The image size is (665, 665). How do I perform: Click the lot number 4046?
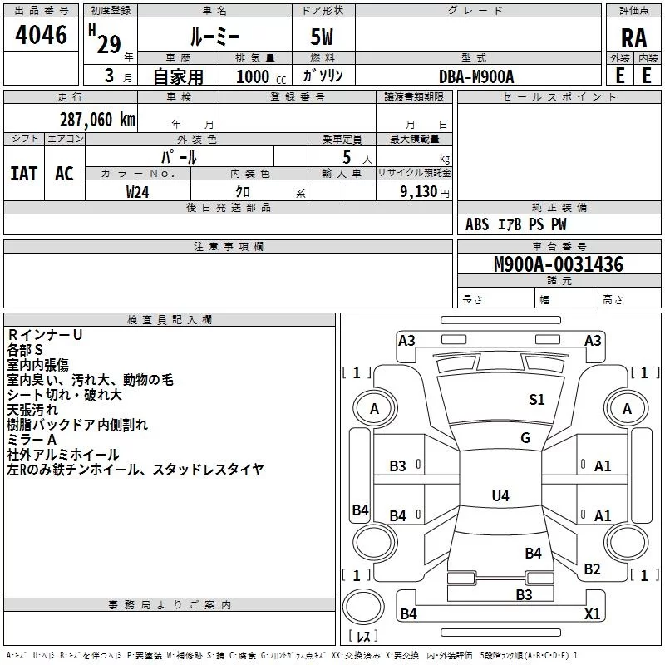[x=42, y=34]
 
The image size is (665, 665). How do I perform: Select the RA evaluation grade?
[x=633, y=37]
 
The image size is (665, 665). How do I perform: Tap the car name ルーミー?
[x=214, y=37]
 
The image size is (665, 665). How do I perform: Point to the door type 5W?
[x=323, y=38]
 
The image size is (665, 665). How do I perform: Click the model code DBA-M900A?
[x=476, y=76]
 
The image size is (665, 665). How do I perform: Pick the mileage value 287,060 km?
[x=97, y=119]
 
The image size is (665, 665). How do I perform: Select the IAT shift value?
[x=23, y=173]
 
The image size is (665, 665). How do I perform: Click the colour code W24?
[x=138, y=191]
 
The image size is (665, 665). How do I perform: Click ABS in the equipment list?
[x=477, y=224]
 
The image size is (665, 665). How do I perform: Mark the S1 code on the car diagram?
[x=537, y=400]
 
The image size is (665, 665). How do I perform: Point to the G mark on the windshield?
[x=525, y=438]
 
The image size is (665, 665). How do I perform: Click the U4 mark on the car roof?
[x=500, y=496]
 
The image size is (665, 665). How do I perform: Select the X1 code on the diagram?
[x=592, y=614]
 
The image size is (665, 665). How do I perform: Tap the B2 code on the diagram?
[x=592, y=569]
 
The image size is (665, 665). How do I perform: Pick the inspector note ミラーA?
[x=32, y=439]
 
